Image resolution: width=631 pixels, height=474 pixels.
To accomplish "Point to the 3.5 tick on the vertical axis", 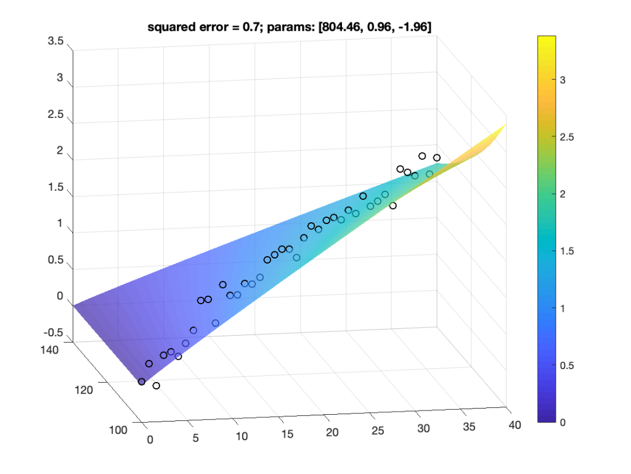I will coord(56,41).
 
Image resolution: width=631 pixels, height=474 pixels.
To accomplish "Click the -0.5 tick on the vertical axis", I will coord(54,333).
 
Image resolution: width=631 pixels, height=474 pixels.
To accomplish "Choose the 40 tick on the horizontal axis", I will coord(515,425).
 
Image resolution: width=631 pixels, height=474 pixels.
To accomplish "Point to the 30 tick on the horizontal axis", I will coord(424,428).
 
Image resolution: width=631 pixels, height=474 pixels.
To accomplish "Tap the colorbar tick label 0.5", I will coord(566,365).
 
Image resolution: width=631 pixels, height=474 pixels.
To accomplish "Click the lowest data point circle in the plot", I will coord(156,386).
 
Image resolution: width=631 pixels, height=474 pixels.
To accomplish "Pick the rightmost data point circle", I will coord(437,158).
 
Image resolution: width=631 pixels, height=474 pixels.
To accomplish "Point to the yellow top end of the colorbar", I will coord(547,38).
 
